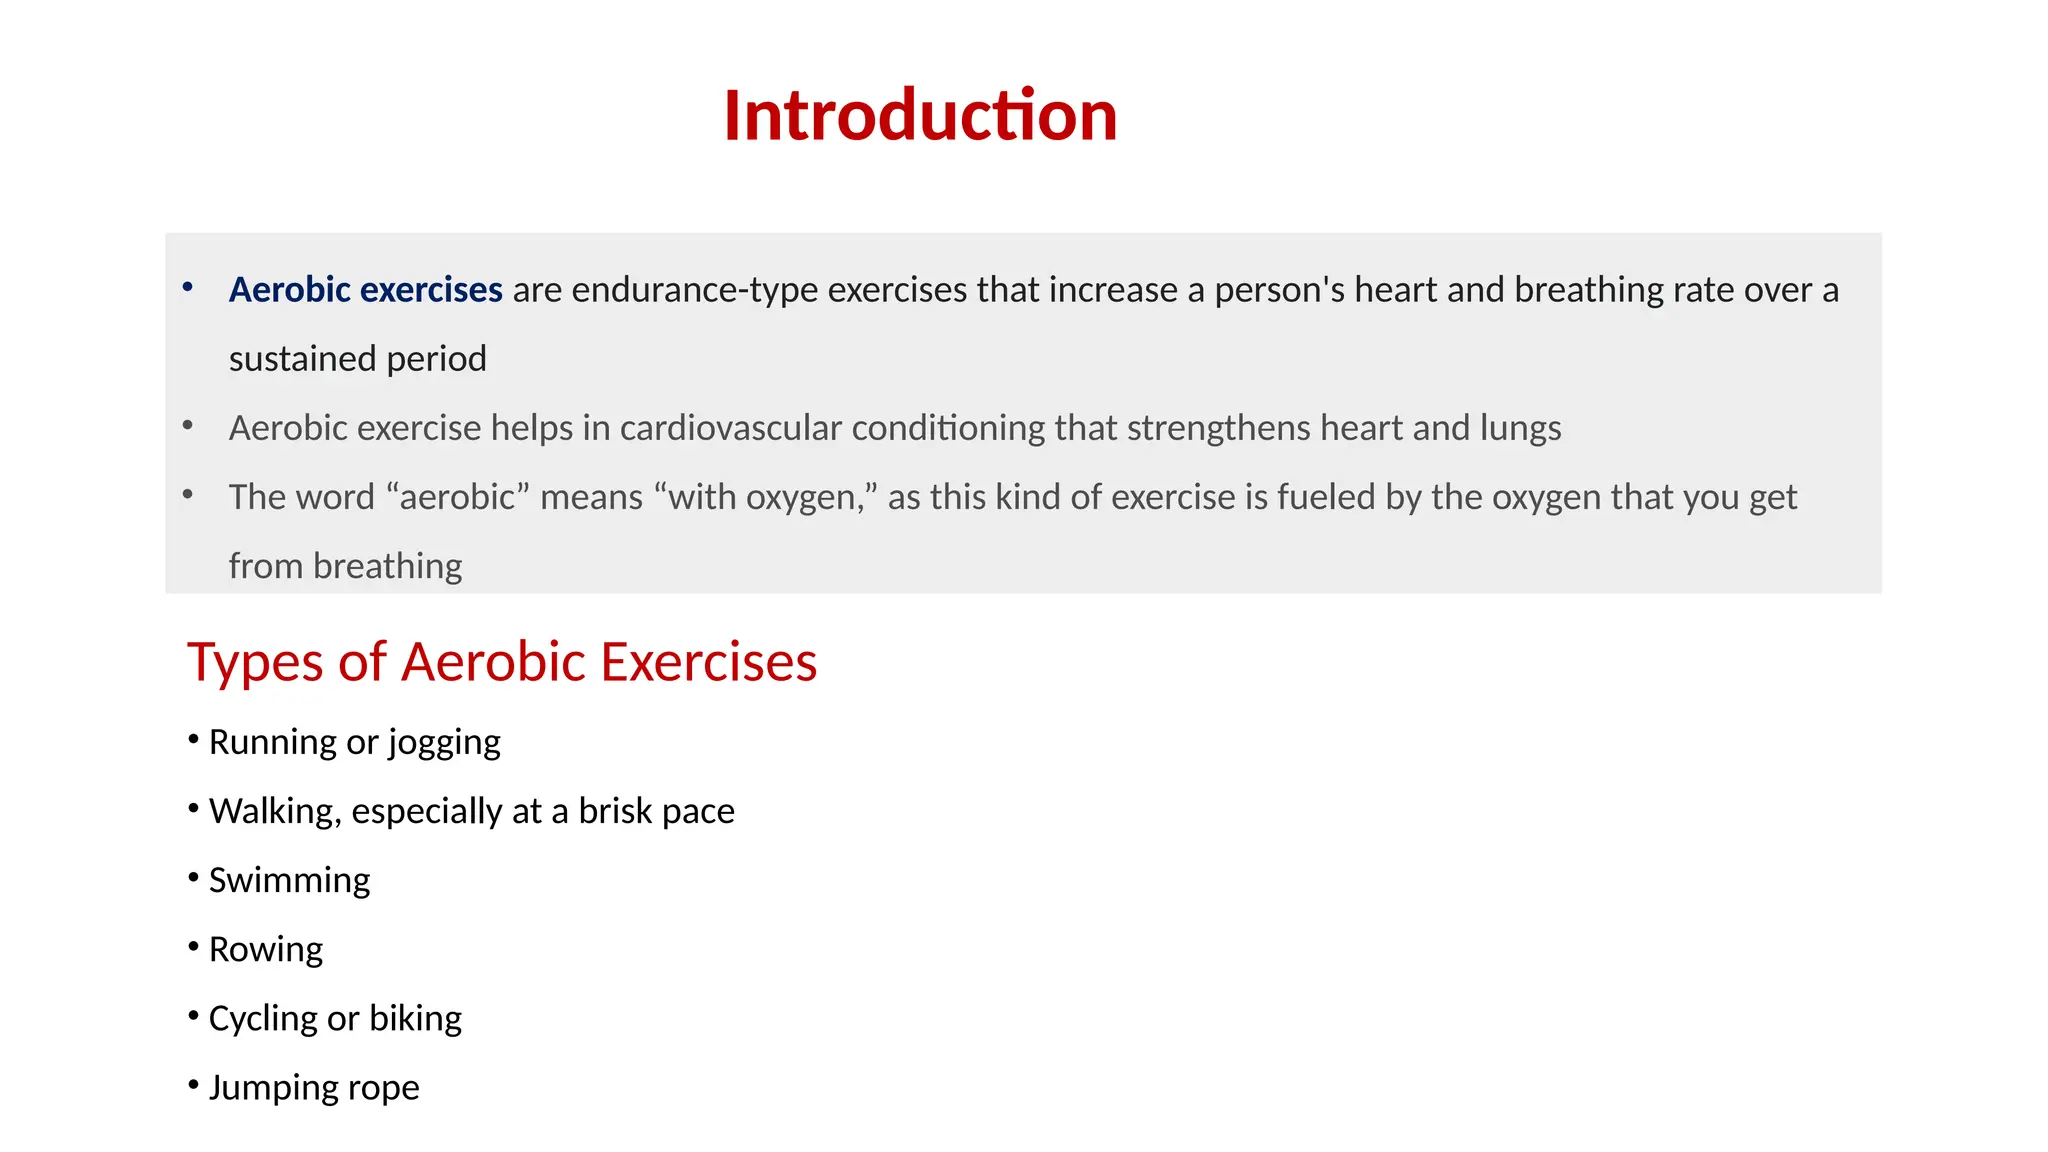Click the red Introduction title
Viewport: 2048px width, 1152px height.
(x=920, y=115)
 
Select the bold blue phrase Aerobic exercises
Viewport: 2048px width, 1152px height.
(x=365, y=290)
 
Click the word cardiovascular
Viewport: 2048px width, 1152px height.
(x=730, y=428)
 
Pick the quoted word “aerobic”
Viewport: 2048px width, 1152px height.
(x=457, y=497)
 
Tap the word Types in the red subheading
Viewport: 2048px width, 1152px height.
(x=254, y=663)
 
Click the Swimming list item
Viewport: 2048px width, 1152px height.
(x=289, y=880)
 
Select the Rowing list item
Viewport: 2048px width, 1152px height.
(x=265, y=949)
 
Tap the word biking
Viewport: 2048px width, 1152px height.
(x=415, y=1018)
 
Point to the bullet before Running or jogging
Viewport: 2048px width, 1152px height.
(x=193, y=740)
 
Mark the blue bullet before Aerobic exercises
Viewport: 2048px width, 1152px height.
(x=187, y=288)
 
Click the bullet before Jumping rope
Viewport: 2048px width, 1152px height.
(x=193, y=1085)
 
